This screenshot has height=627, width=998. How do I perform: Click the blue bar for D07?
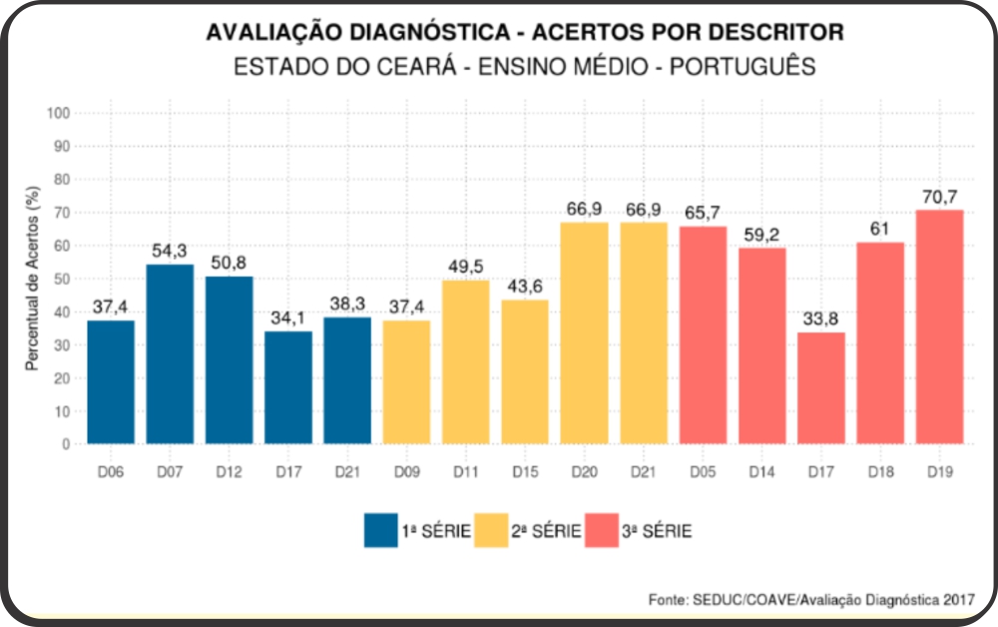(x=170, y=353)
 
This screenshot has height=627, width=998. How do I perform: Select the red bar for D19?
(x=939, y=326)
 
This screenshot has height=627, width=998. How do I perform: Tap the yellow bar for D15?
(x=525, y=371)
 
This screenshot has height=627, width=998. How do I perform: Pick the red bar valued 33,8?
(x=821, y=387)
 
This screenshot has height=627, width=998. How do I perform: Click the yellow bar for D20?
(x=584, y=332)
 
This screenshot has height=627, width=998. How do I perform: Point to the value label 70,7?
(x=939, y=198)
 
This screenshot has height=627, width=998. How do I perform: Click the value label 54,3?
(x=170, y=251)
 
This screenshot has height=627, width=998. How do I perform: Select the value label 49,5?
(x=466, y=267)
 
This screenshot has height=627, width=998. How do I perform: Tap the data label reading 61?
(x=879, y=230)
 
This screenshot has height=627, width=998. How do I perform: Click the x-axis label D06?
(x=111, y=471)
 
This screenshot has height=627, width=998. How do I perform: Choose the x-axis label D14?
(x=761, y=471)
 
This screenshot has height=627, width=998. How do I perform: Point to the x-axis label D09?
(x=407, y=471)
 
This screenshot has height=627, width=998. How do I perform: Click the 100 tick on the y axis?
(x=58, y=113)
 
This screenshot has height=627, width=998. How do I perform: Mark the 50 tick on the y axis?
(x=62, y=279)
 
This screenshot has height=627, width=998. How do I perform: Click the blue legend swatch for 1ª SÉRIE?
(x=380, y=530)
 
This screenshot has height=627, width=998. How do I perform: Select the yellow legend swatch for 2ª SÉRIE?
(x=491, y=530)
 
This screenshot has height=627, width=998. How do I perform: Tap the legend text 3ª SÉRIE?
(x=657, y=531)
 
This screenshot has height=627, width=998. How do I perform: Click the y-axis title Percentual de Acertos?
(x=33, y=279)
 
